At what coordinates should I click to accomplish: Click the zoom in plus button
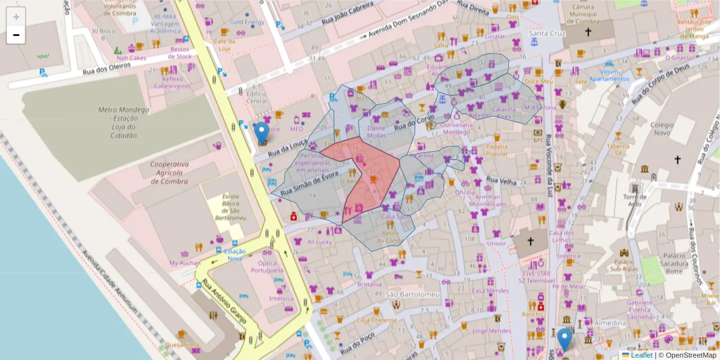click(16, 17)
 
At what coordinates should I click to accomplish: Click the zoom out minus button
click(16, 35)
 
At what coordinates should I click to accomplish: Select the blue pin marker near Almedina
click(564, 340)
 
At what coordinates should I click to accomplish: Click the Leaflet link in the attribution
click(641, 355)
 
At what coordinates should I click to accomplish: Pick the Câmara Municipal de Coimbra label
click(587, 14)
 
